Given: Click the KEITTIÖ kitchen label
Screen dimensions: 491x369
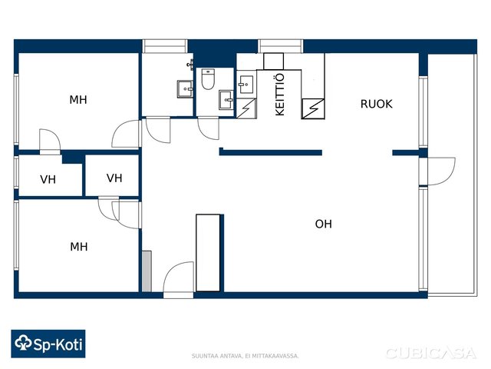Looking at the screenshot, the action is [279, 95].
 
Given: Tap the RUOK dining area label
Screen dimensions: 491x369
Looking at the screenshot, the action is [376, 104].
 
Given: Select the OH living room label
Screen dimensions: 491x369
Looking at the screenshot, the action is [324, 224].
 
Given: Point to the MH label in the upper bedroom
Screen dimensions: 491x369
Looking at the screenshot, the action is [78, 100].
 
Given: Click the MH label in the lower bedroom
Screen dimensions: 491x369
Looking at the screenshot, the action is [78, 247].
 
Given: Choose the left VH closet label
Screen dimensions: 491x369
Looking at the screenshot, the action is [48, 179].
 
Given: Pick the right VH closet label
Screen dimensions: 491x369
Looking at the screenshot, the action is [114, 178].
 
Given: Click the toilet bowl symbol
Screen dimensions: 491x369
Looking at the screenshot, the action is [208, 79].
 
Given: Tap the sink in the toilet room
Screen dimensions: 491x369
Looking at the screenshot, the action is [226, 100].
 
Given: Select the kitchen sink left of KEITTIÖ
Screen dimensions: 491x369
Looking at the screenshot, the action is [245, 84].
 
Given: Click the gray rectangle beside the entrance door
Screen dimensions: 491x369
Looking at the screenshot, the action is [147, 271].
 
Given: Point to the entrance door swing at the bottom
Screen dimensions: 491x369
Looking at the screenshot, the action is [178, 278].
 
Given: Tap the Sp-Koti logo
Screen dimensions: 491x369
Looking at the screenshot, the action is [48, 344].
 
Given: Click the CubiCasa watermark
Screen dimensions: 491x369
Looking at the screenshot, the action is [431, 354].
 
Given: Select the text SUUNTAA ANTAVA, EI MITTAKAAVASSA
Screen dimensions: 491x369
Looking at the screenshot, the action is [245, 356].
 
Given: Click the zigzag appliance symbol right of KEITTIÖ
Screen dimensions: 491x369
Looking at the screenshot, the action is [313, 109].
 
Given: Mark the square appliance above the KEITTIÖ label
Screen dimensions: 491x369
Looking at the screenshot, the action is [273, 61].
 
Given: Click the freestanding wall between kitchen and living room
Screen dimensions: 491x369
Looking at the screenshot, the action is [271, 152].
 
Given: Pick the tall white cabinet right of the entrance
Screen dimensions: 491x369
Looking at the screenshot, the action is [208, 253].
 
